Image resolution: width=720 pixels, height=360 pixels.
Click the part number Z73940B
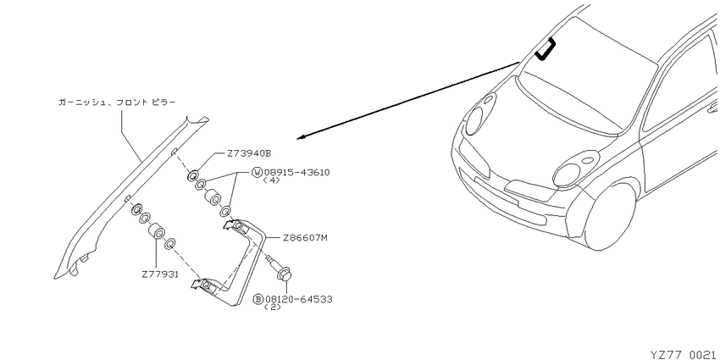point(249,154)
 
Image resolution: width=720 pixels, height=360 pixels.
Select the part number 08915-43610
point(296,173)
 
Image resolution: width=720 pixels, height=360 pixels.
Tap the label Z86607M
point(305,238)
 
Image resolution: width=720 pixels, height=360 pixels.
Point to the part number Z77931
point(160,274)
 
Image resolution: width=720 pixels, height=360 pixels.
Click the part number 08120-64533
point(298,299)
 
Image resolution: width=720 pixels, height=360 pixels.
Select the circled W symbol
point(257,173)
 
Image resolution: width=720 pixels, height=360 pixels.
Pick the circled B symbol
point(258,299)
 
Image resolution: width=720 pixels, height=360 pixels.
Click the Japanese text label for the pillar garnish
point(117,102)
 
